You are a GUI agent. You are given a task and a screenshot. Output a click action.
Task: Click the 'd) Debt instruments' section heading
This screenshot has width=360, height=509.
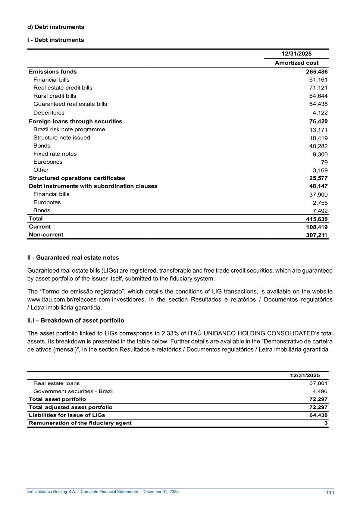[56, 27]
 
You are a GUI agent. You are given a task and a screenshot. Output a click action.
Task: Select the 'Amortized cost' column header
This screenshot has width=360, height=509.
[297, 63]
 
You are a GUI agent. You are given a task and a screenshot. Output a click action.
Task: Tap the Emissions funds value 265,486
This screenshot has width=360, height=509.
[317, 72]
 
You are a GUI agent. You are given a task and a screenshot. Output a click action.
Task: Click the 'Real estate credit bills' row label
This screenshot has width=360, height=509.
[63, 88]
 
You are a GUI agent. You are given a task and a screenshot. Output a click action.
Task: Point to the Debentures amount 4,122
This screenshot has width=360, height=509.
[320, 113]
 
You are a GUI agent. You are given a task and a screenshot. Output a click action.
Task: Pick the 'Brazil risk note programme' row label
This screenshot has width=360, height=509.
[69, 129]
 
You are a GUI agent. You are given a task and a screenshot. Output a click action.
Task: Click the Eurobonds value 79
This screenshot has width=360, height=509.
[324, 163]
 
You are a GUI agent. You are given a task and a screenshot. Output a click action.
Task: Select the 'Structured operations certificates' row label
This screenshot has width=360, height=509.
[77, 178]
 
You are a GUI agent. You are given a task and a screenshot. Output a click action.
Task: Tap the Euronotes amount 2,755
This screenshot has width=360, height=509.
[320, 203]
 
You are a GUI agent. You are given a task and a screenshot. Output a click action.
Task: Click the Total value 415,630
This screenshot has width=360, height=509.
[317, 220]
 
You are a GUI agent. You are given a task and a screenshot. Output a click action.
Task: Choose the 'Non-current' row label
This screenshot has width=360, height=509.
[46, 235]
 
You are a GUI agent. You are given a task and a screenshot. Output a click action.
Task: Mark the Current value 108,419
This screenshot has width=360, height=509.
[317, 227]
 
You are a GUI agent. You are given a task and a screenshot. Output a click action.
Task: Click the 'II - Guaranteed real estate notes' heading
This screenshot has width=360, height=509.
[73, 258]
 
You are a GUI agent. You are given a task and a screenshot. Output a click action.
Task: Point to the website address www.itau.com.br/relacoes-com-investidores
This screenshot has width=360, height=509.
[84, 300]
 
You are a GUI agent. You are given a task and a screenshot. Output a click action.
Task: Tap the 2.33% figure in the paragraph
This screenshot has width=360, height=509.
[170, 333]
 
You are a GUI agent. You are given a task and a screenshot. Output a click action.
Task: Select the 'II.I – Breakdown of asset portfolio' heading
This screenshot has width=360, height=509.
[76, 321]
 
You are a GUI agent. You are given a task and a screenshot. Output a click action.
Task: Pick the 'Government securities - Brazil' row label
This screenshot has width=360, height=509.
[73, 391]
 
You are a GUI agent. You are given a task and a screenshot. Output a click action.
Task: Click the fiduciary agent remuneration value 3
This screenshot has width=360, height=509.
[326, 423]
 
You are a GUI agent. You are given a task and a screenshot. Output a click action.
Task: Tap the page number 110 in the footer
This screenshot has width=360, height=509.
[330, 493]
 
